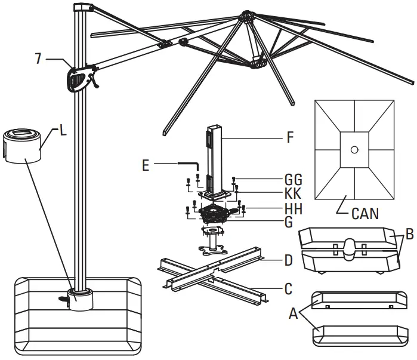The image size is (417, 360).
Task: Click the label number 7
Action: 39,60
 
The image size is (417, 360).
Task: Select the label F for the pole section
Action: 291,137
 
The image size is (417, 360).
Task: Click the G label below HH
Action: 289,223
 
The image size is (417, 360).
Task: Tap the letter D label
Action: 289,261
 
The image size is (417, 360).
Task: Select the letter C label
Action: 289,290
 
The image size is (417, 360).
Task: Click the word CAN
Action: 365,213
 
